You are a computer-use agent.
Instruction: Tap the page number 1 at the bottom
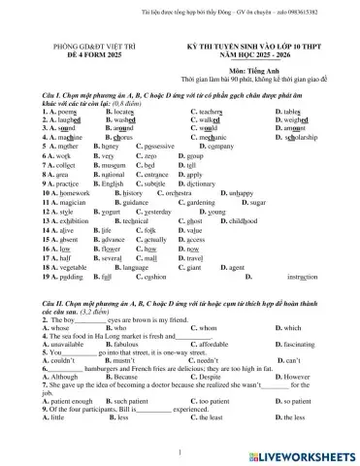pos(180,450)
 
